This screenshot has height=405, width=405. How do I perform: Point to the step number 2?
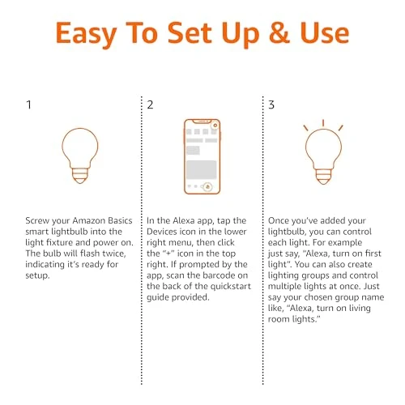pyautogui.click(x=151, y=105)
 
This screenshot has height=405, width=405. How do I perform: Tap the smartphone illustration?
pyautogui.click(x=202, y=156)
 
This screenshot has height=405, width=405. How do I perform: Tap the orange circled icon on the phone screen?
pyautogui.click(x=208, y=185)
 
